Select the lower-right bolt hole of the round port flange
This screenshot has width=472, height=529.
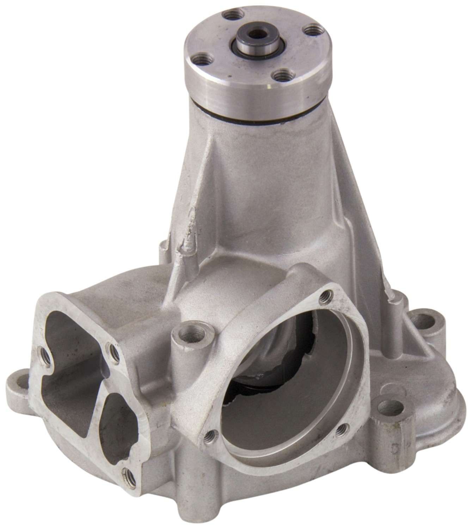pos(341,429)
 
